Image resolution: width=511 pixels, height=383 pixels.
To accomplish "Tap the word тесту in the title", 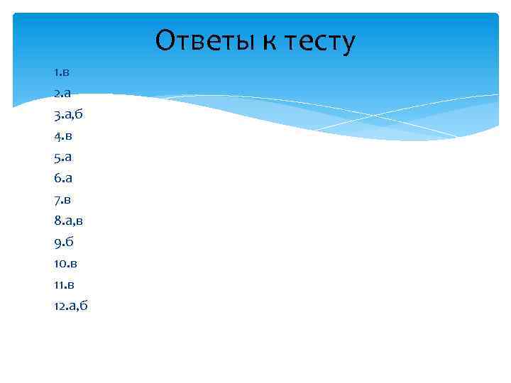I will pyautogui.click(x=319, y=42).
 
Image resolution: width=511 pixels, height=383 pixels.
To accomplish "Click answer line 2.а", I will pyautogui.click(x=61, y=93).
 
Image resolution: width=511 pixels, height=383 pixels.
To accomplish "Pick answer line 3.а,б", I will pyautogui.click(x=69, y=114).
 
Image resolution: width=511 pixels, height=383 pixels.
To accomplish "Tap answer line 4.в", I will pyautogui.click(x=62, y=135).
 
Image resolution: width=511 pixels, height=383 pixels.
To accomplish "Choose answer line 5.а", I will pyautogui.click(x=62, y=157).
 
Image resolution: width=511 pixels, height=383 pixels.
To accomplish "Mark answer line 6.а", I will pyautogui.click(x=62, y=178).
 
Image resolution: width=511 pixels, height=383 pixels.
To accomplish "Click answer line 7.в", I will pyautogui.click(x=62, y=199).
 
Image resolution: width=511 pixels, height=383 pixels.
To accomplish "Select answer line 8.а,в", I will pyautogui.click(x=70, y=221).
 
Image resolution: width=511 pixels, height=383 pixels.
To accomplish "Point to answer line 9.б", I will pyautogui.click(x=62, y=242).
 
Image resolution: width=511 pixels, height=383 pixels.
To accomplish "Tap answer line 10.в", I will pyautogui.click(x=65, y=263).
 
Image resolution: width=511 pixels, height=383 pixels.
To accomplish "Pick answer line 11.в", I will pyautogui.click(x=64, y=284).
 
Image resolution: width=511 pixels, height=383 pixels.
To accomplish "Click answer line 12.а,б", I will pyautogui.click(x=71, y=306).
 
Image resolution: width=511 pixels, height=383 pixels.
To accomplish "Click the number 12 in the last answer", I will pyautogui.click(x=58, y=306).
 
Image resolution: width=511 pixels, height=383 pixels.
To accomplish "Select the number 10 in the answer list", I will pyautogui.click(x=60, y=263).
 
